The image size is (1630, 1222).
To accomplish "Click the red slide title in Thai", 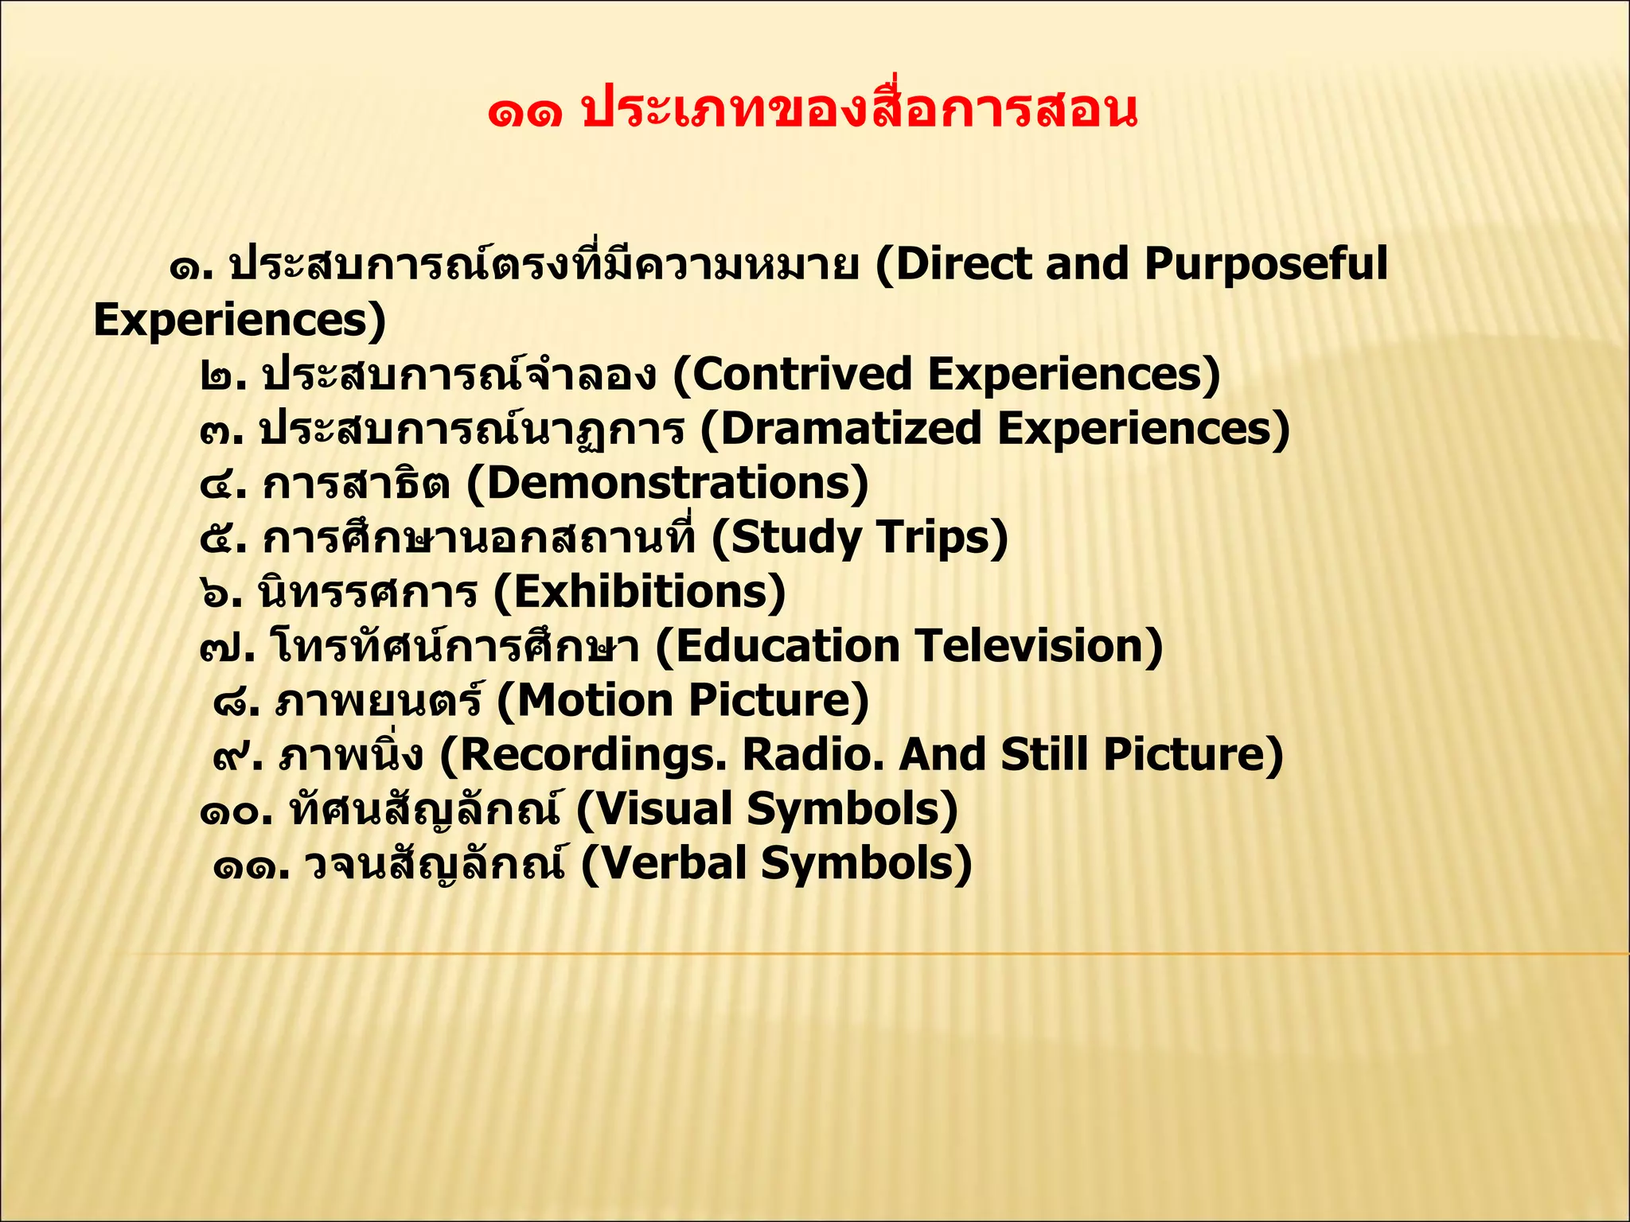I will click(812, 111).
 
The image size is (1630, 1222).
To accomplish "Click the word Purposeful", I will click(1265, 265).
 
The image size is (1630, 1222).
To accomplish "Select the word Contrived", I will click(801, 375).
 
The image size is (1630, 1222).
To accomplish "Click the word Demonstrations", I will click(677, 483).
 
